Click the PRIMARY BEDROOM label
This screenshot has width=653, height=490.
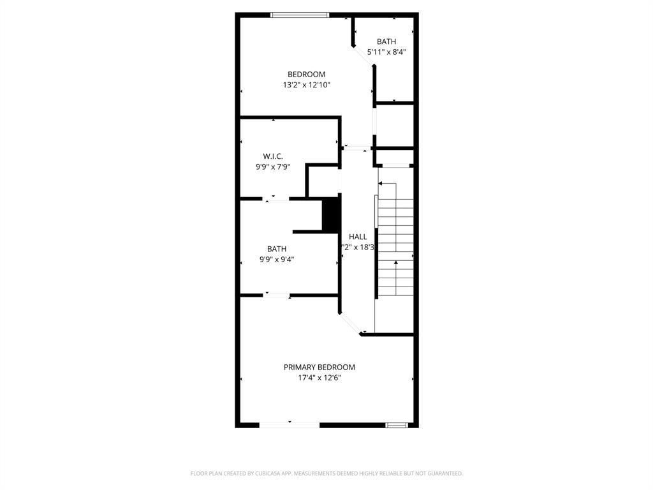(x=319, y=367)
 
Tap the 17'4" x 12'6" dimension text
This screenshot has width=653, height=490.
(x=319, y=378)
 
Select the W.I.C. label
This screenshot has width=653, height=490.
(x=272, y=156)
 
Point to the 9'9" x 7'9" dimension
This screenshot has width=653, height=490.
(x=272, y=167)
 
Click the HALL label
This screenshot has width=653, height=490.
(x=358, y=237)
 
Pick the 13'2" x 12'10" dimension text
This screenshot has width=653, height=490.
(x=306, y=85)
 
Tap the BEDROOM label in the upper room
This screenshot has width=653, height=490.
(x=306, y=74)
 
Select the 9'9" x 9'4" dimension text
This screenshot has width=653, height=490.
(x=276, y=260)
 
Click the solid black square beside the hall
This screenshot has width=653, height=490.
(x=331, y=215)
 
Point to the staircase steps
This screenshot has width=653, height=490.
(x=396, y=239)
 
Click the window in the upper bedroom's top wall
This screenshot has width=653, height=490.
(x=300, y=15)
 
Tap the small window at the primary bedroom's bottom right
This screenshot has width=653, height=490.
(x=396, y=424)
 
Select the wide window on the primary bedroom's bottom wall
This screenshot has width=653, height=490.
(x=289, y=424)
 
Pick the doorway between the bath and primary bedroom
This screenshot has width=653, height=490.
(x=277, y=295)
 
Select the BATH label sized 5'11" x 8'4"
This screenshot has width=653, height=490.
(x=386, y=41)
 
